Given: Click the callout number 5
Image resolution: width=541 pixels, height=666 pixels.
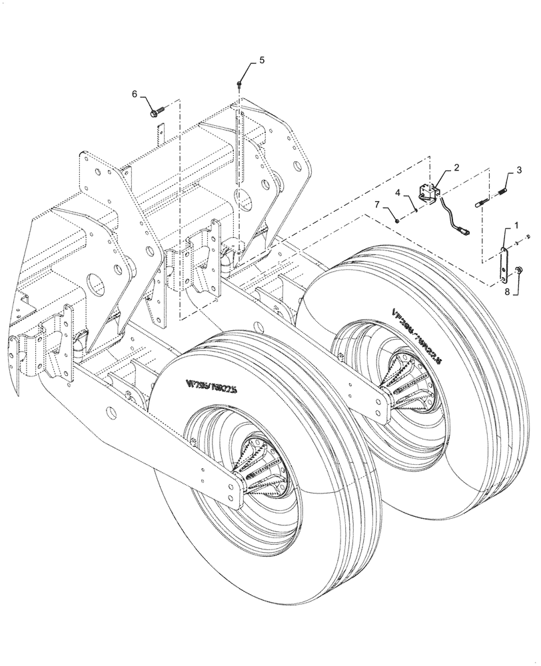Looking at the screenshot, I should point(262,60).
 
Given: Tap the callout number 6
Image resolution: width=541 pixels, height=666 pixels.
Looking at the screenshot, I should point(135,95).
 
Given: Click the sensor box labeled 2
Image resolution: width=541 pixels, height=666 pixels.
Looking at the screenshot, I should point(427,192).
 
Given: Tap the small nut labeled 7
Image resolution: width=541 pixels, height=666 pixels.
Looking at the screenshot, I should point(396,220).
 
